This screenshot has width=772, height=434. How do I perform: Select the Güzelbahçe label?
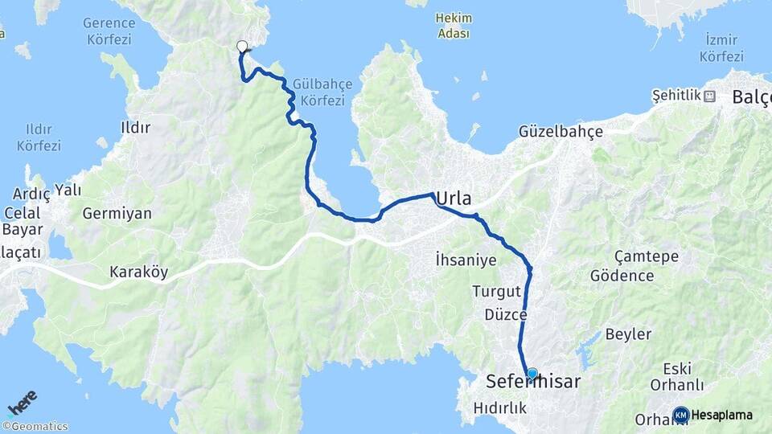pyautogui.click(x=561, y=131)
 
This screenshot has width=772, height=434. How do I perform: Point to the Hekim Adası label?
pyautogui.click(x=453, y=25)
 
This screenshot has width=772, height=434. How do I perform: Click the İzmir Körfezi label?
pyautogui.click(x=721, y=47)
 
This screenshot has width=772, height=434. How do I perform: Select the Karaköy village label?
pyautogui.click(x=138, y=272)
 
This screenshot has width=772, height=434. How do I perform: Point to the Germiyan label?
pyautogui.click(x=117, y=213)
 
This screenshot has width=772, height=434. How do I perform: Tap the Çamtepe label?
pyautogui.click(x=646, y=256)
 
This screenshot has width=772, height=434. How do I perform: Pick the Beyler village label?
pyautogui.click(x=627, y=334)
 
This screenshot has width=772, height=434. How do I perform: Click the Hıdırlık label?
pyautogui.click(x=500, y=407)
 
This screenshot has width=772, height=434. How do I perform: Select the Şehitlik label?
pyautogui.click(x=676, y=96)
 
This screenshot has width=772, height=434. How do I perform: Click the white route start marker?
pyautogui.click(x=242, y=46)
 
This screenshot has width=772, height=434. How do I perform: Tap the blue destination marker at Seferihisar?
pyautogui.click(x=532, y=374)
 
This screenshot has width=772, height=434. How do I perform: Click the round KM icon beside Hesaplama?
pyautogui.click(x=680, y=415)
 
